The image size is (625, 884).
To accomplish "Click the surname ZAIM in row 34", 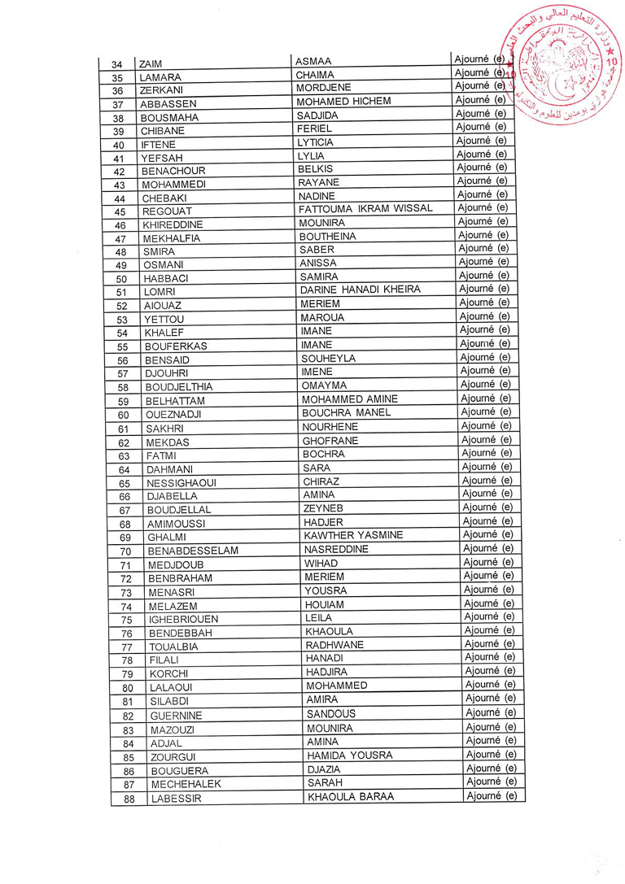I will point(151,64).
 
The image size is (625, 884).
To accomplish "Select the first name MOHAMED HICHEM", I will point(343,101).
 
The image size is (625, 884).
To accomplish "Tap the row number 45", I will point(120,211).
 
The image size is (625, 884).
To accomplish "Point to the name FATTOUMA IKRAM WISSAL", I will point(365,209).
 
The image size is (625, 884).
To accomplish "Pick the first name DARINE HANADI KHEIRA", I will point(360,290).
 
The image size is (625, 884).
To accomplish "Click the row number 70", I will point(125,551).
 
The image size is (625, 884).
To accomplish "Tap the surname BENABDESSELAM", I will point(193,551).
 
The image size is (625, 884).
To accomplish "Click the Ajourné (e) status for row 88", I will point(492,795).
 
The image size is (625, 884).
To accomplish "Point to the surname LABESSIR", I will point(175,799).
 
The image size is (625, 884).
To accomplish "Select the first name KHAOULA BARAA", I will point(350,796).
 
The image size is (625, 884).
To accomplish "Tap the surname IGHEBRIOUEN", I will point(183,620).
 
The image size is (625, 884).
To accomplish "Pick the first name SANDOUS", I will point(330,713).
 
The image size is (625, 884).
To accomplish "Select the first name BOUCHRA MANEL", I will point(346,412).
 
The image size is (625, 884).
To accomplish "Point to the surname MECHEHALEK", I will point(186,785).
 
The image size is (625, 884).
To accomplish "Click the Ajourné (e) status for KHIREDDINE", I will point(483,221).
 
